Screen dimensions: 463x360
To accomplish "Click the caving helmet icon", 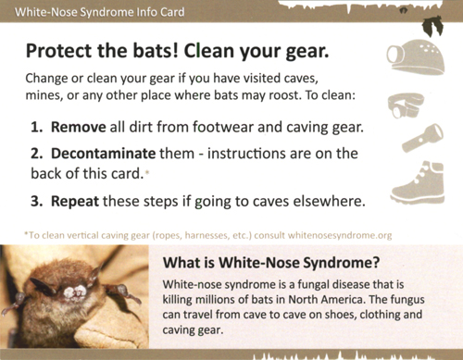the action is tap(416, 57).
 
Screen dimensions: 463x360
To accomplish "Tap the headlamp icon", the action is tap(406, 105).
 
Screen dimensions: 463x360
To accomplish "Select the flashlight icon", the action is tap(422, 138).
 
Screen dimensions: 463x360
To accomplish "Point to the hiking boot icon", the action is tap(419, 181).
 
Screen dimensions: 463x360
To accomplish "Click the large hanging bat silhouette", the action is tap(432, 26).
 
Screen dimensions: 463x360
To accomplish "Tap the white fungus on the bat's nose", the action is tap(75, 292).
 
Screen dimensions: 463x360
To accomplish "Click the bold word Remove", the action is tap(79, 127).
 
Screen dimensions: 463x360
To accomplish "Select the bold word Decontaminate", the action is tap(103, 154).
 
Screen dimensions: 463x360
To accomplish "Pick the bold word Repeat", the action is tap(75, 202).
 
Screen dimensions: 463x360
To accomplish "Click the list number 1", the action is tap(36, 127).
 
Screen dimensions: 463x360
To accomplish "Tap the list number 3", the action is tap(36, 202).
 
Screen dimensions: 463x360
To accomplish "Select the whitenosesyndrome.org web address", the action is tap(340, 235).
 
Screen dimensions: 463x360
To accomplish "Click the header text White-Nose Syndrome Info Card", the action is tap(99, 12).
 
